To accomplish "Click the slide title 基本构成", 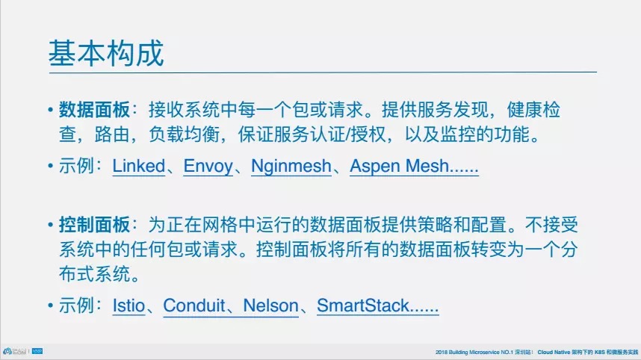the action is tap(106, 53).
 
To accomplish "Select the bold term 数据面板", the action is tap(94, 110).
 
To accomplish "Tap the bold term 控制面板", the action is tap(94, 225).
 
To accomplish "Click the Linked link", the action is tap(138, 166).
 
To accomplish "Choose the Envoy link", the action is tap(208, 167).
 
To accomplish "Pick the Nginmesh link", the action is tap(291, 167).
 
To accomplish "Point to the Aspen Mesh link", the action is tap(414, 167).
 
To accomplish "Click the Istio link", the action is tap(128, 305).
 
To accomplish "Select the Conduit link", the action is tap(194, 305).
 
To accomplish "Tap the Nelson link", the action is tap(270, 305).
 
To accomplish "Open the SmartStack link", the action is tap(378, 305).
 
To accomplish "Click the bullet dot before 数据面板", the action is tap(50, 110).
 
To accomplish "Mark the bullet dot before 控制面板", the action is tap(50, 225).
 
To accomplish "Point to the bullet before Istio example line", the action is tap(50, 305).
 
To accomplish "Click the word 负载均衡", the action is tap(184, 134).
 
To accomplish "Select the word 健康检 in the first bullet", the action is tap(533, 110).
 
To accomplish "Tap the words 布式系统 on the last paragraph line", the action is tap(94, 274).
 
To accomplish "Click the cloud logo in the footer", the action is tap(7, 351).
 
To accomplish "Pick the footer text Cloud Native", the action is tap(554, 353).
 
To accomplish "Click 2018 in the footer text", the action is tap(441, 353).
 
